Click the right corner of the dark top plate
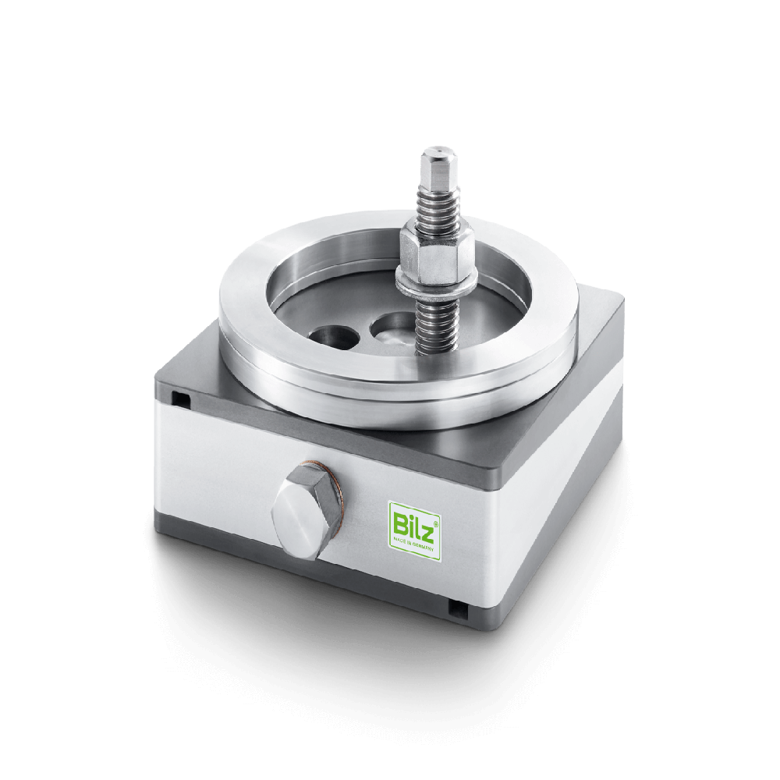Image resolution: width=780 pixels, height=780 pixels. click(620, 300)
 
